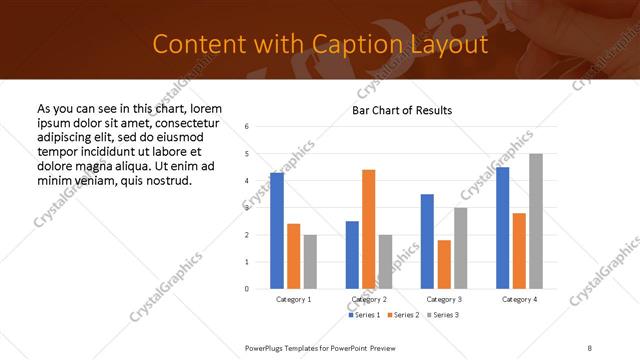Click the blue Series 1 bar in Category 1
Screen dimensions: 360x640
click(277, 231)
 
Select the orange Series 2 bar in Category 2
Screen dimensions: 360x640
click(368, 229)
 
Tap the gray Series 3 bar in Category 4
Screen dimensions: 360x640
click(535, 221)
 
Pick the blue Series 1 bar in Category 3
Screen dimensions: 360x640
click(427, 241)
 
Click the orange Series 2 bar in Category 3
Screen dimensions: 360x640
click(444, 264)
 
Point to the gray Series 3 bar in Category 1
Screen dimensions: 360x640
click(310, 262)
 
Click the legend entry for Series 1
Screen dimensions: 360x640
click(364, 315)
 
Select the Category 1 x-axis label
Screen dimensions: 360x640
click(293, 299)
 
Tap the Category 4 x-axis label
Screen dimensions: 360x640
click(518, 299)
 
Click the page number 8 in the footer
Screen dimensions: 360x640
click(589, 346)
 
